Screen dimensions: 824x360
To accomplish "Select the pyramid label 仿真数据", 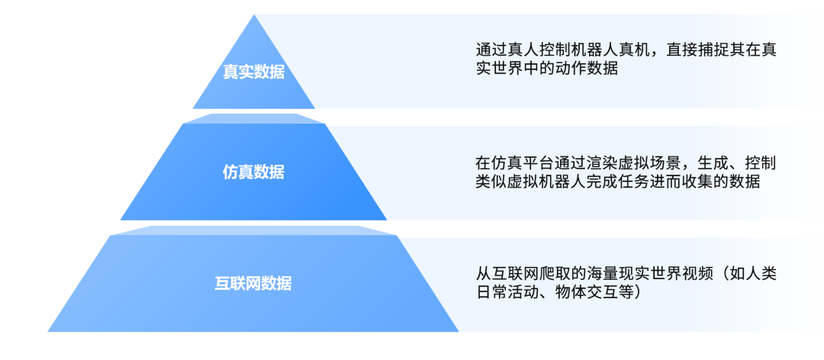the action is (x=253, y=172).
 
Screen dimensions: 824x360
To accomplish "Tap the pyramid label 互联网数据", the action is (x=253, y=284).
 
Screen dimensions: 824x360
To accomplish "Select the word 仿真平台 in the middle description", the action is (x=519, y=163).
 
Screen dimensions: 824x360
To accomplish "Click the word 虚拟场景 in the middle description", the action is (x=636, y=163).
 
